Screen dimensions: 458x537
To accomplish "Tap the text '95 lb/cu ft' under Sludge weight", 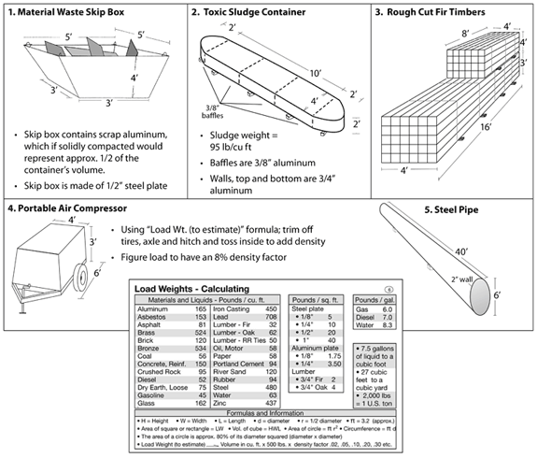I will pyautogui.click(x=233, y=149).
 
